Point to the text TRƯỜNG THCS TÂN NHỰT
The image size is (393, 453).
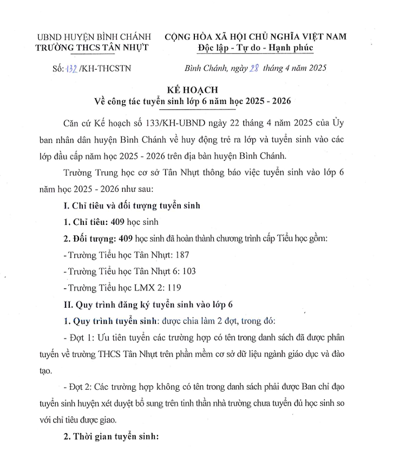coord(91,48)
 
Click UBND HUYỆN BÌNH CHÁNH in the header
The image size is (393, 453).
coord(91,37)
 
